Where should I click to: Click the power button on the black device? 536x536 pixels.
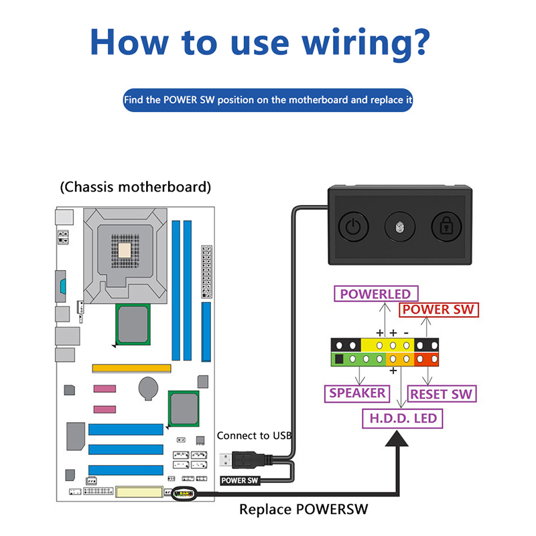coord(352,227)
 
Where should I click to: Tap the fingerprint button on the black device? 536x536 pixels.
coord(399,227)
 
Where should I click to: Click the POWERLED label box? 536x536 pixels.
coord(375,293)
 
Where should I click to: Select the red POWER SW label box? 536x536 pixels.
coord(439,310)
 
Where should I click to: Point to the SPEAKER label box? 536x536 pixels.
coord(358,393)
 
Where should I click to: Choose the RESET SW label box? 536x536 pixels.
coord(442,393)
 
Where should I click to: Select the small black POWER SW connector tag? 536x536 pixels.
coord(239,480)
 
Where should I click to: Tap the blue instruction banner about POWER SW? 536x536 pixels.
coord(268,100)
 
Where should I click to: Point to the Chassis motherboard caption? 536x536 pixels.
coord(135,186)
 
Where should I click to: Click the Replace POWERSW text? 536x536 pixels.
coord(304,509)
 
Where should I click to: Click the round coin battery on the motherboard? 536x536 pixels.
coord(148,388)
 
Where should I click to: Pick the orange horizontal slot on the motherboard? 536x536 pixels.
coord(131,368)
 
